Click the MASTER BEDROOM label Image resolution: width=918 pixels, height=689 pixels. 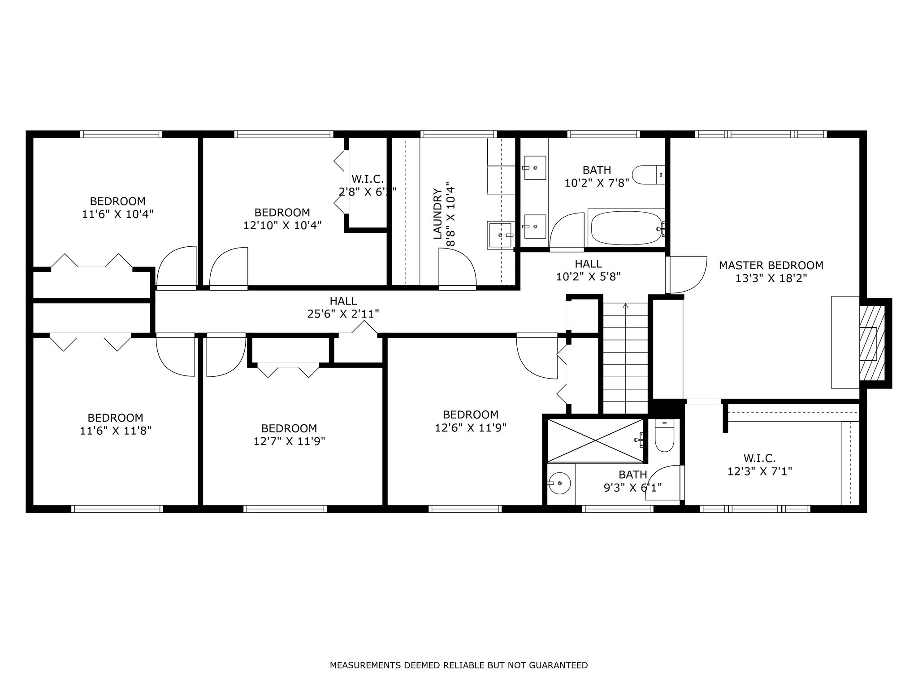pos(771,266)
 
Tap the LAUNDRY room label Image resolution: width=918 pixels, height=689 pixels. pos(438,214)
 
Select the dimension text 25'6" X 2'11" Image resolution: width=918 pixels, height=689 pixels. pos(343,314)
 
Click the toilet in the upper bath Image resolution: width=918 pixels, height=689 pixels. pos(648,174)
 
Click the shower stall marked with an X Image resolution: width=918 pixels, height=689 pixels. pos(595,440)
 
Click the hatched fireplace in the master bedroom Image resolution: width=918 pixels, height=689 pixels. pos(872,344)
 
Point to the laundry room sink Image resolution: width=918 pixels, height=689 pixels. pos(500,235)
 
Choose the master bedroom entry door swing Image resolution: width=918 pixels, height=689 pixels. pos(687,275)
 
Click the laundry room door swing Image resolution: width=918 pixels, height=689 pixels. pos(457,267)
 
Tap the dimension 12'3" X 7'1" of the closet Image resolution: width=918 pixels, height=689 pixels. pos(759,471)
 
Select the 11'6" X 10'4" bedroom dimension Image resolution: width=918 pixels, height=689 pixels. pos(117,214)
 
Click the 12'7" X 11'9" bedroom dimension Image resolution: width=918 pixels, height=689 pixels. pos(289,441)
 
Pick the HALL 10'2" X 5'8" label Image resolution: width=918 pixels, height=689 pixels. pos(588,270)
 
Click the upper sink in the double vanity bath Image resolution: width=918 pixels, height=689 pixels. pos(534,168)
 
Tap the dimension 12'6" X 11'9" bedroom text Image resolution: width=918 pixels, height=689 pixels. pos(471,428)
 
